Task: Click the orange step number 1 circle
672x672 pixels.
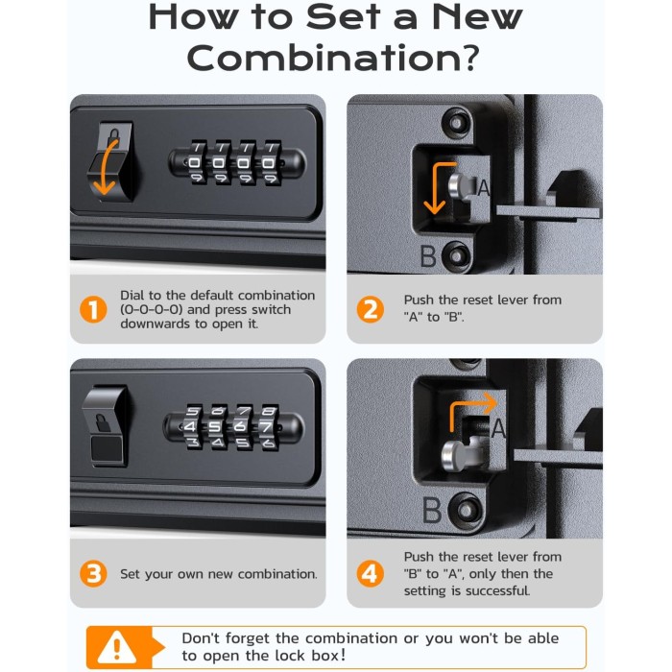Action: [93, 309]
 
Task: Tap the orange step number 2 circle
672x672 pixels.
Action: [371, 309]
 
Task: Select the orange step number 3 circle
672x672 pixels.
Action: [93, 573]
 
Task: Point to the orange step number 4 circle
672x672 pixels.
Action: [371, 573]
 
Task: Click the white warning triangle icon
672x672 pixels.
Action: [116, 647]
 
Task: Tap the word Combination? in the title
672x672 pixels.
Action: [333, 59]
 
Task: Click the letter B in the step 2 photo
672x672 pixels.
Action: [428, 256]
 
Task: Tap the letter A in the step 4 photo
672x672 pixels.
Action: [498, 428]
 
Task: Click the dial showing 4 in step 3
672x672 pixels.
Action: [193, 427]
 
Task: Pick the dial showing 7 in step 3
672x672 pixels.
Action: [268, 427]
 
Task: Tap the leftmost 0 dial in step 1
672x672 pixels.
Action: [196, 163]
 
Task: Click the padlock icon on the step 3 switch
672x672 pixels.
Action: [102, 423]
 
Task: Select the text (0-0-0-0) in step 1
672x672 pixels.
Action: [152, 309]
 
